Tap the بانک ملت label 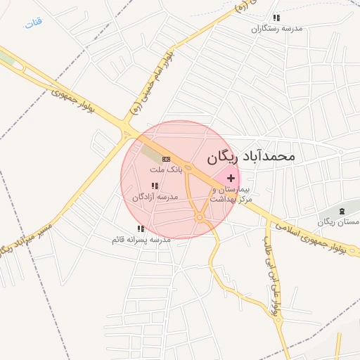(166, 169)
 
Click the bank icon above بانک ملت (166, 160)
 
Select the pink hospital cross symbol (231, 179)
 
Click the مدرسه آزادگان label (155, 197)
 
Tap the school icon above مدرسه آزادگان (155, 186)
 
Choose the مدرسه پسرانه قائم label (141, 240)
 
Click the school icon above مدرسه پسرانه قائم (141, 229)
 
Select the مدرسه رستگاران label (277, 29)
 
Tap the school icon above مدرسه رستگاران (276, 18)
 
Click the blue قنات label (34, 22)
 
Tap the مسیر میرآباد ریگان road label (27, 238)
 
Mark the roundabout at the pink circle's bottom (200, 219)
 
